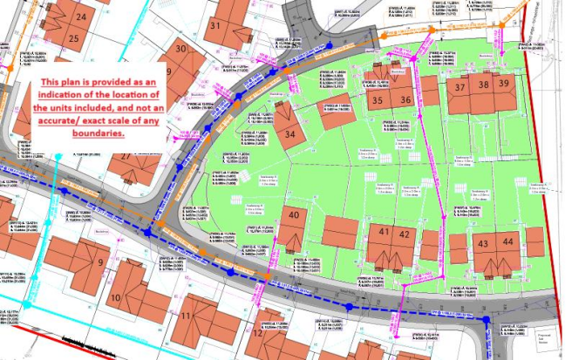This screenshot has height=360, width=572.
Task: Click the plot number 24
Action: tap(81, 17)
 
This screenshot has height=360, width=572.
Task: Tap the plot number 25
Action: tap(75, 37)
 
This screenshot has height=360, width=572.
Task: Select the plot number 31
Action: tap(215, 25)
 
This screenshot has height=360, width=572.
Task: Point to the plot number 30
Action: tap(181, 49)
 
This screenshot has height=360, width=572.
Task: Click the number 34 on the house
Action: tap(291, 133)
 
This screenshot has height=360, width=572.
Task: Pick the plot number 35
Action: tap(377, 100)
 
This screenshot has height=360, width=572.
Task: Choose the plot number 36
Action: tap(405, 100)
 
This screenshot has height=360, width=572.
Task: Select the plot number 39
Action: tap(506, 84)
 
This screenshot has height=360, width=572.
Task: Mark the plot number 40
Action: tap(295, 215)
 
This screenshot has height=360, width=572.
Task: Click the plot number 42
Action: tap(404, 233)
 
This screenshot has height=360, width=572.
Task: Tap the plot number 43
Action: tap(483, 241)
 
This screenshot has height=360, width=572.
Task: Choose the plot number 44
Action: tap(508, 241)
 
